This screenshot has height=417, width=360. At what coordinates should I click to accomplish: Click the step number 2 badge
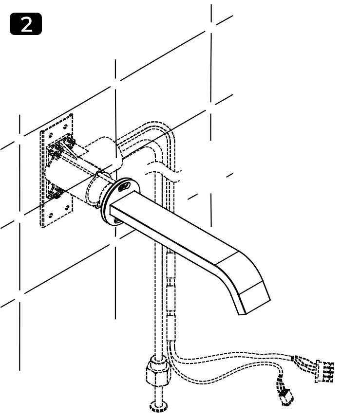[x=26, y=24]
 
